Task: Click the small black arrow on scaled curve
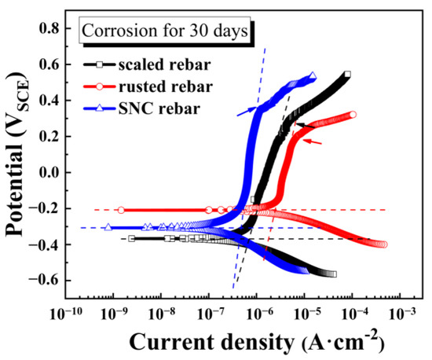305,124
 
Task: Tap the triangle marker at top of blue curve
313,76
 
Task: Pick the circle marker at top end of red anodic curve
353,115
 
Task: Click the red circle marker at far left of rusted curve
121,210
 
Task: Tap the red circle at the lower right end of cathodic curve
383,244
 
